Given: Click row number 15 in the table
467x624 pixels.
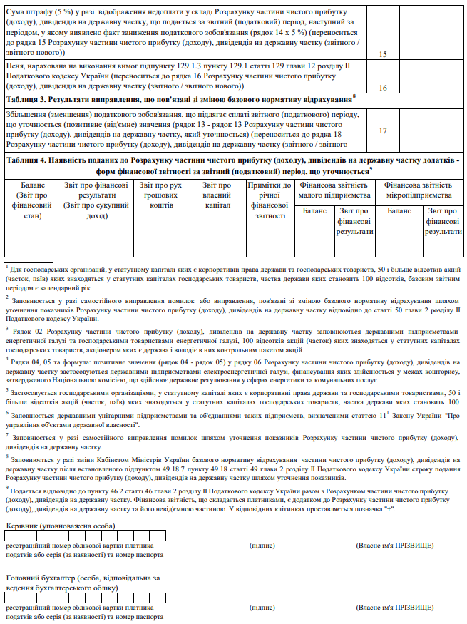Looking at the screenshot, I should coord(382,54).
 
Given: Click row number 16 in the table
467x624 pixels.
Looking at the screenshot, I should coord(382,88).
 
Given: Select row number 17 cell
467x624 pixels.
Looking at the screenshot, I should coord(382,131).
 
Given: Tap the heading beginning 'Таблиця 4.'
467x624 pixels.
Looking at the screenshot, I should coord(233,166).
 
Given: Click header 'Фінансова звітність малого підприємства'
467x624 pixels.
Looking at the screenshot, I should coord(334,190).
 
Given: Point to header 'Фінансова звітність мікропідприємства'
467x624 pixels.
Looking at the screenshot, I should coord(419,190).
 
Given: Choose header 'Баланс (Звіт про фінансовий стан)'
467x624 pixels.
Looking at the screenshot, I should coord(33,200).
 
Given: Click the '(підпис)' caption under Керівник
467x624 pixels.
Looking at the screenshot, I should coord(262,545).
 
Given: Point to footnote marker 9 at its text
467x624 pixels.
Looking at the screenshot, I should coord(7,468).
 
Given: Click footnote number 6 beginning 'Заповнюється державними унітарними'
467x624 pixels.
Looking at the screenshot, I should coord(7,413).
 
